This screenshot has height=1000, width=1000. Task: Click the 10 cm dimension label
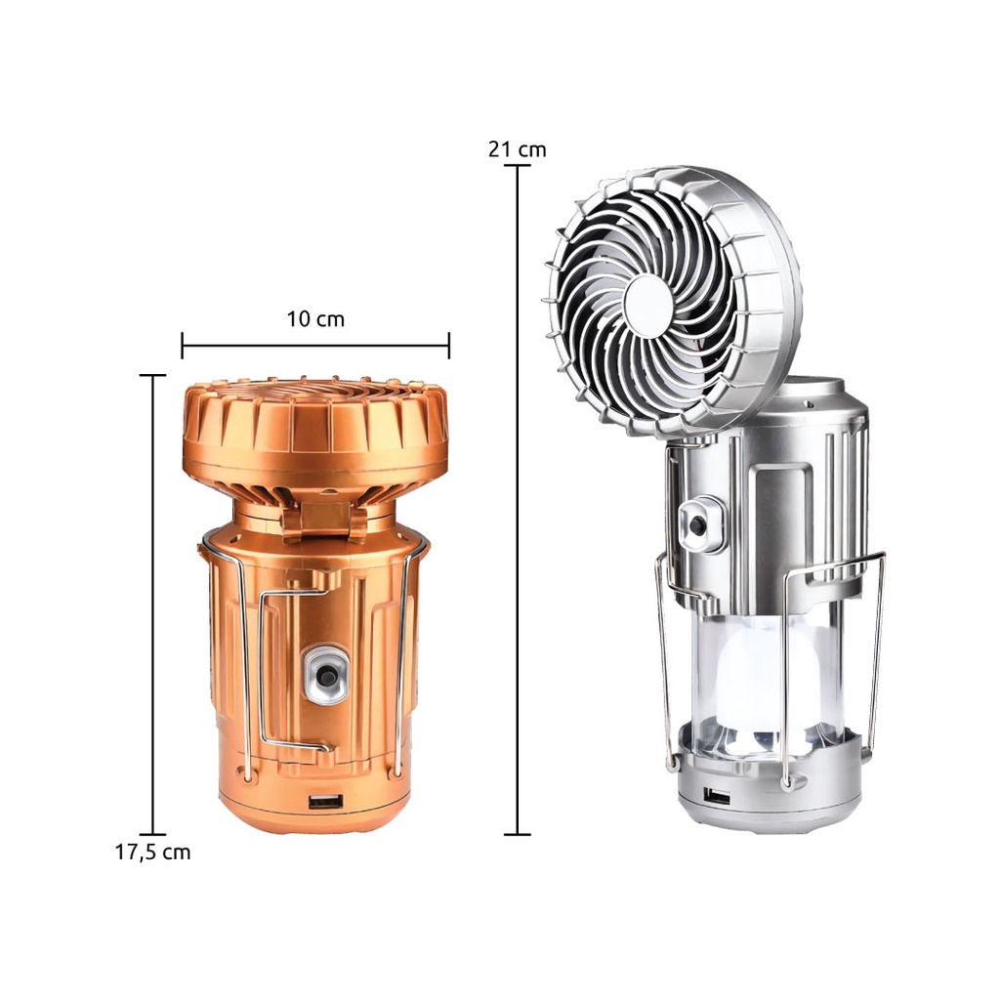click(x=315, y=318)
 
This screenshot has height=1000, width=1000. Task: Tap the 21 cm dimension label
click(x=518, y=149)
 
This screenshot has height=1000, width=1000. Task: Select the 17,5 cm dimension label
click(x=152, y=852)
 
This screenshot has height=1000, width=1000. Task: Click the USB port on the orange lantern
click(x=326, y=801)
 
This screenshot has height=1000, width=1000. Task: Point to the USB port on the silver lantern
click(x=718, y=795)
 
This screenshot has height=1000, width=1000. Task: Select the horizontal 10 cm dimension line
click(x=315, y=346)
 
